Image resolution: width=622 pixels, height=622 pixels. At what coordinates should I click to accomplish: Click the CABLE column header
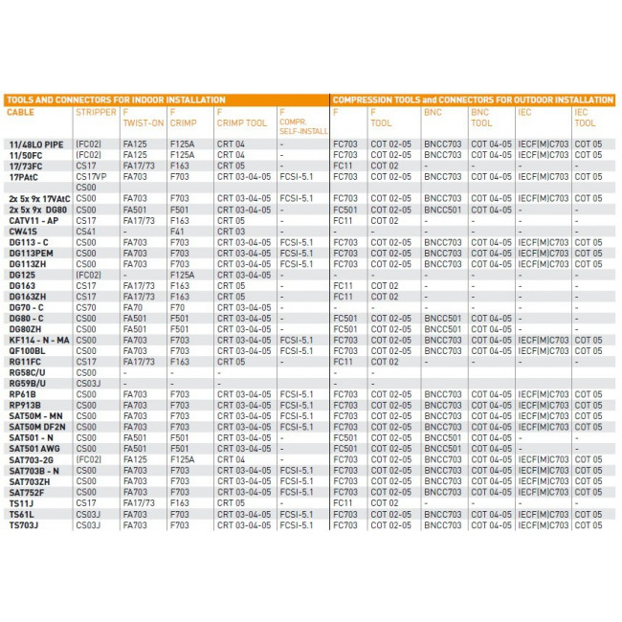pyautogui.click(x=20, y=113)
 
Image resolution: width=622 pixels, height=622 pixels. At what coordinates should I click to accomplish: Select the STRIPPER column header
pyautogui.click(x=96, y=113)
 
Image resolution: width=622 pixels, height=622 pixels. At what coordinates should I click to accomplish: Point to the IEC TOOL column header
pyautogui.click(x=586, y=118)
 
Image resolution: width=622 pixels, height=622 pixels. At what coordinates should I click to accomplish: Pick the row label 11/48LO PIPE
pyautogui.click(x=36, y=144)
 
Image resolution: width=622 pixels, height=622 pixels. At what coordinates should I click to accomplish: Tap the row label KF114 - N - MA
pyautogui.click(x=39, y=340)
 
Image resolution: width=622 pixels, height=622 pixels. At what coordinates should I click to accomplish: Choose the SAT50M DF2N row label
pyautogui.click(x=37, y=427)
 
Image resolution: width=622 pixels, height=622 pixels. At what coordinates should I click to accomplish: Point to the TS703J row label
pyautogui.click(x=24, y=525)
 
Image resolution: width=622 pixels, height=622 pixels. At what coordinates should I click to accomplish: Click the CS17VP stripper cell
pyautogui.click(x=91, y=176)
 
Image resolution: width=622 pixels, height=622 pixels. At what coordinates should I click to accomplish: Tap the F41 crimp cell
pyautogui.click(x=177, y=231)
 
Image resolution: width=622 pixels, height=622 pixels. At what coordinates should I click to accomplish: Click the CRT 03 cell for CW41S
pyautogui.click(x=231, y=231)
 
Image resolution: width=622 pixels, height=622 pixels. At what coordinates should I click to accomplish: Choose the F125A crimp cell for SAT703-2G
pyautogui.click(x=182, y=459)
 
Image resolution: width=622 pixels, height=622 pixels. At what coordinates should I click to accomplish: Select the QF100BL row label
pyautogui.click(x=27, y=350)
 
